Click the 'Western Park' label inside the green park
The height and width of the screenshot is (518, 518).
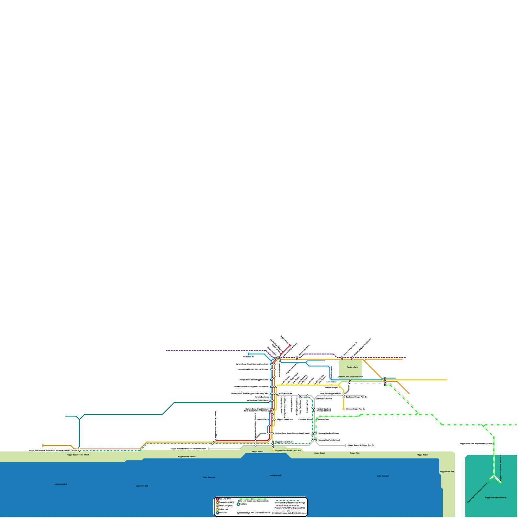(x=352, y=367)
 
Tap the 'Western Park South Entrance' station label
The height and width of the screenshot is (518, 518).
(x=350, y=377)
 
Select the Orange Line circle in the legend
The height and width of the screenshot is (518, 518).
(x=218, y=502)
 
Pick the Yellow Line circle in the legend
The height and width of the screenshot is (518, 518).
(x=218, y=509)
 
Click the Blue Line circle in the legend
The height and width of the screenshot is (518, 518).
(x=218, y=513)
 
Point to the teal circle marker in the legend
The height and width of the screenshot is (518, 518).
(x=238, y=504)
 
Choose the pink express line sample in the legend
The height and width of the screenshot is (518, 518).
(x=288, y=511)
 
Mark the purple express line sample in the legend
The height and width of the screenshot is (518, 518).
(x=288, y=506)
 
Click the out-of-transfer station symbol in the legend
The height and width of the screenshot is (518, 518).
(x=243, y=513)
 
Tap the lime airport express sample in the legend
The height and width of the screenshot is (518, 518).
(x=252, y=499)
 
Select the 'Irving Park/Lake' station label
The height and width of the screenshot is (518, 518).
(x=286, y=394)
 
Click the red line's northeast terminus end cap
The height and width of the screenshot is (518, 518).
(x=290, y=345)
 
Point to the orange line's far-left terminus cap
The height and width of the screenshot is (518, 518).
(x=43, y=445)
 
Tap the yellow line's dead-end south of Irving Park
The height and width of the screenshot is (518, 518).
(x=343, y=409)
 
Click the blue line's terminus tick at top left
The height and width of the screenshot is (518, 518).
(x=248, y=354)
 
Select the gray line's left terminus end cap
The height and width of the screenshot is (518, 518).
(x=209, y=449)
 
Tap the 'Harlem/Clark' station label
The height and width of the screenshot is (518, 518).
(x=263, y=420)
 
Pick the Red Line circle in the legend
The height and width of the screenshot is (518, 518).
(x=218, y=499)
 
